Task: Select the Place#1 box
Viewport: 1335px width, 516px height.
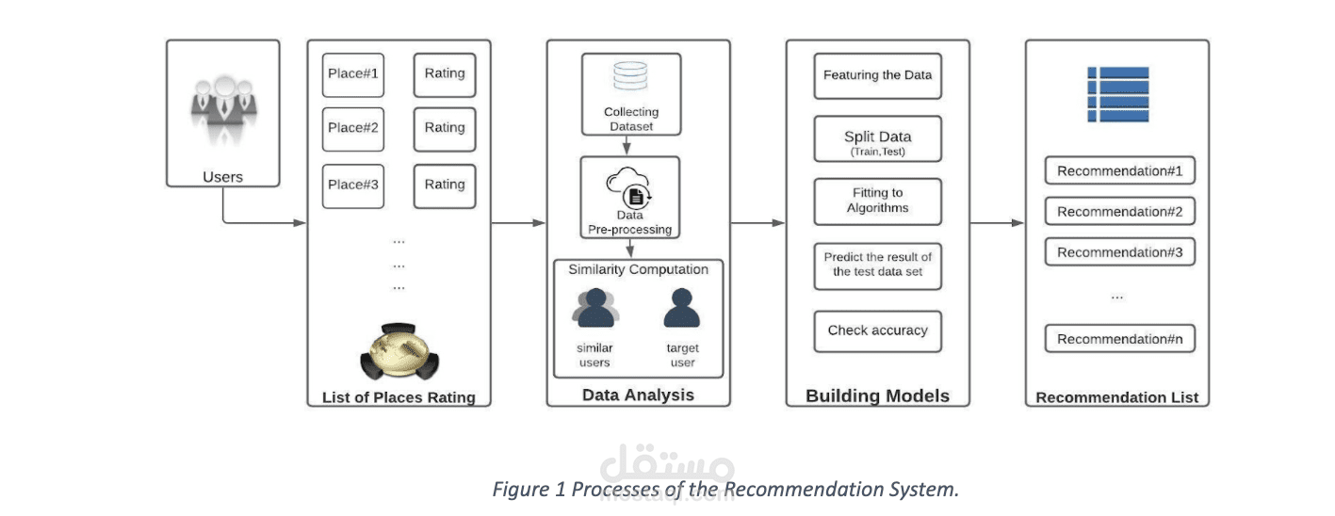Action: tap(352, 74)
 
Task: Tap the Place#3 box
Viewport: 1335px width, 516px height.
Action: tap(352, 185)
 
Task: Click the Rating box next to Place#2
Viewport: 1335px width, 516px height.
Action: tap(445, 129)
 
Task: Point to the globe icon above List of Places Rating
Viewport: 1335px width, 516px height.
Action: tap(399, 351)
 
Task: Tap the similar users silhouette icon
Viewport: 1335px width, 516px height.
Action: tap(594, 309)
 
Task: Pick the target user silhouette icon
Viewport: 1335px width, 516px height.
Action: tap(682, 309)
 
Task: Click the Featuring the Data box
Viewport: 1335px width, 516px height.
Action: tap(877, 75)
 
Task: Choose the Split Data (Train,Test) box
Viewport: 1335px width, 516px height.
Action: tap(877, 141)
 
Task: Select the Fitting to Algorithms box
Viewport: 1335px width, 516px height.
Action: tap(877, 202)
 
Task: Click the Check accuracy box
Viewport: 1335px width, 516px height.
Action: tap(877, 331)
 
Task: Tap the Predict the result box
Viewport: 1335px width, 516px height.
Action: tap(877, 266)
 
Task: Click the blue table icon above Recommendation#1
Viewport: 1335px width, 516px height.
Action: tap(1117, 94)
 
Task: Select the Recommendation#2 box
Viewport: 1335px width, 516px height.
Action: tap(1119, 212)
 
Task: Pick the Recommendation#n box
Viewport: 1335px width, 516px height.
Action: tap(1119, 339)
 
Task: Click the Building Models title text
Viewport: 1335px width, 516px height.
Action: tap(877, 396)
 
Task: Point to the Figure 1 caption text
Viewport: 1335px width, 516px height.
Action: tap(725, 490)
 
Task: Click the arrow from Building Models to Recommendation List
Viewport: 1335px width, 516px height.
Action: tap(998, 223)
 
